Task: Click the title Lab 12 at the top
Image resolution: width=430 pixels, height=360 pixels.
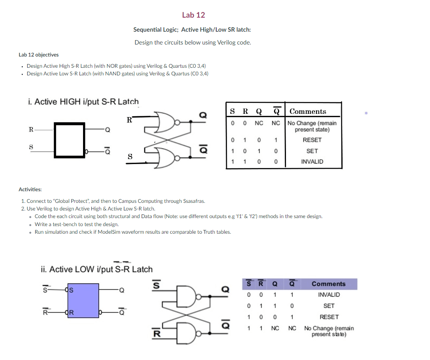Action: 193,15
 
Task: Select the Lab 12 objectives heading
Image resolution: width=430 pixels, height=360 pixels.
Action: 39,55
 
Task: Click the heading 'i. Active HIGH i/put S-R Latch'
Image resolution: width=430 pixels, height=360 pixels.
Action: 83,102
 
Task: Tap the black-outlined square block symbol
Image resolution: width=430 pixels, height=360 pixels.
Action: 69,140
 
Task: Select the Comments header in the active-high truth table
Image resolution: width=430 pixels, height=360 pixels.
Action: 308,111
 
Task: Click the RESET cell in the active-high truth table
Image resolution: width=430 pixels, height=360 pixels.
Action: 312,140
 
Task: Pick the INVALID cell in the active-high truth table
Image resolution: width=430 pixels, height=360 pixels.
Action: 312,162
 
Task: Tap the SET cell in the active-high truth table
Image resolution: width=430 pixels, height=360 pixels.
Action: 312,151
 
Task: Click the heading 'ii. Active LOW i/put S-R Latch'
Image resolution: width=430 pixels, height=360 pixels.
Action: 97,269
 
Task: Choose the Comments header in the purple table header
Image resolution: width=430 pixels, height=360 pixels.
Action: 328,284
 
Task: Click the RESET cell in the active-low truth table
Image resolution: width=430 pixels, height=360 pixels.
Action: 328,317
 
